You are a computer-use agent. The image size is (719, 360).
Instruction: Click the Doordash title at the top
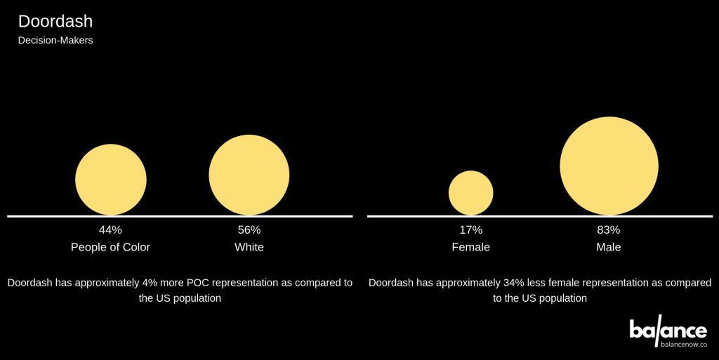pos(55,21)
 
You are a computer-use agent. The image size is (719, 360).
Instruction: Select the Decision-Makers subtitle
pos(55,41)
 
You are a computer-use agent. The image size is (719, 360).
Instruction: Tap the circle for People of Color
pos(111,179)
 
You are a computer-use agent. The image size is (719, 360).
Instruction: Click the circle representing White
pos(249,175)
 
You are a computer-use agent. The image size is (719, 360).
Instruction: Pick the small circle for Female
pos(471,192)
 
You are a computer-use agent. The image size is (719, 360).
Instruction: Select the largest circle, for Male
pos(609,166)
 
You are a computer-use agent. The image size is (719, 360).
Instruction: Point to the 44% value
pos(110,229)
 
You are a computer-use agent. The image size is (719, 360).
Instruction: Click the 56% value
pos(249,229)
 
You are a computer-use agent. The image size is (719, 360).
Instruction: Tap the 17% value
pos(471,229)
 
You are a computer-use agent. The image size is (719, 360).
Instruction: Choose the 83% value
pos(609,229)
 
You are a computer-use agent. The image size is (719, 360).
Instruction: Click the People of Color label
pos(110,247)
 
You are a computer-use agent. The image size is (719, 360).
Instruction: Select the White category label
pos(249,247)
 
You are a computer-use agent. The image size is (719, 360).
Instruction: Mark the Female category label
pos(471,247)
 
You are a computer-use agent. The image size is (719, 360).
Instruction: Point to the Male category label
pos(609,247)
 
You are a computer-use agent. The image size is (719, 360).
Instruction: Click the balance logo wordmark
pos(668,329)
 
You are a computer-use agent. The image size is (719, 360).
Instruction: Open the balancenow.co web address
pos(683,345)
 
